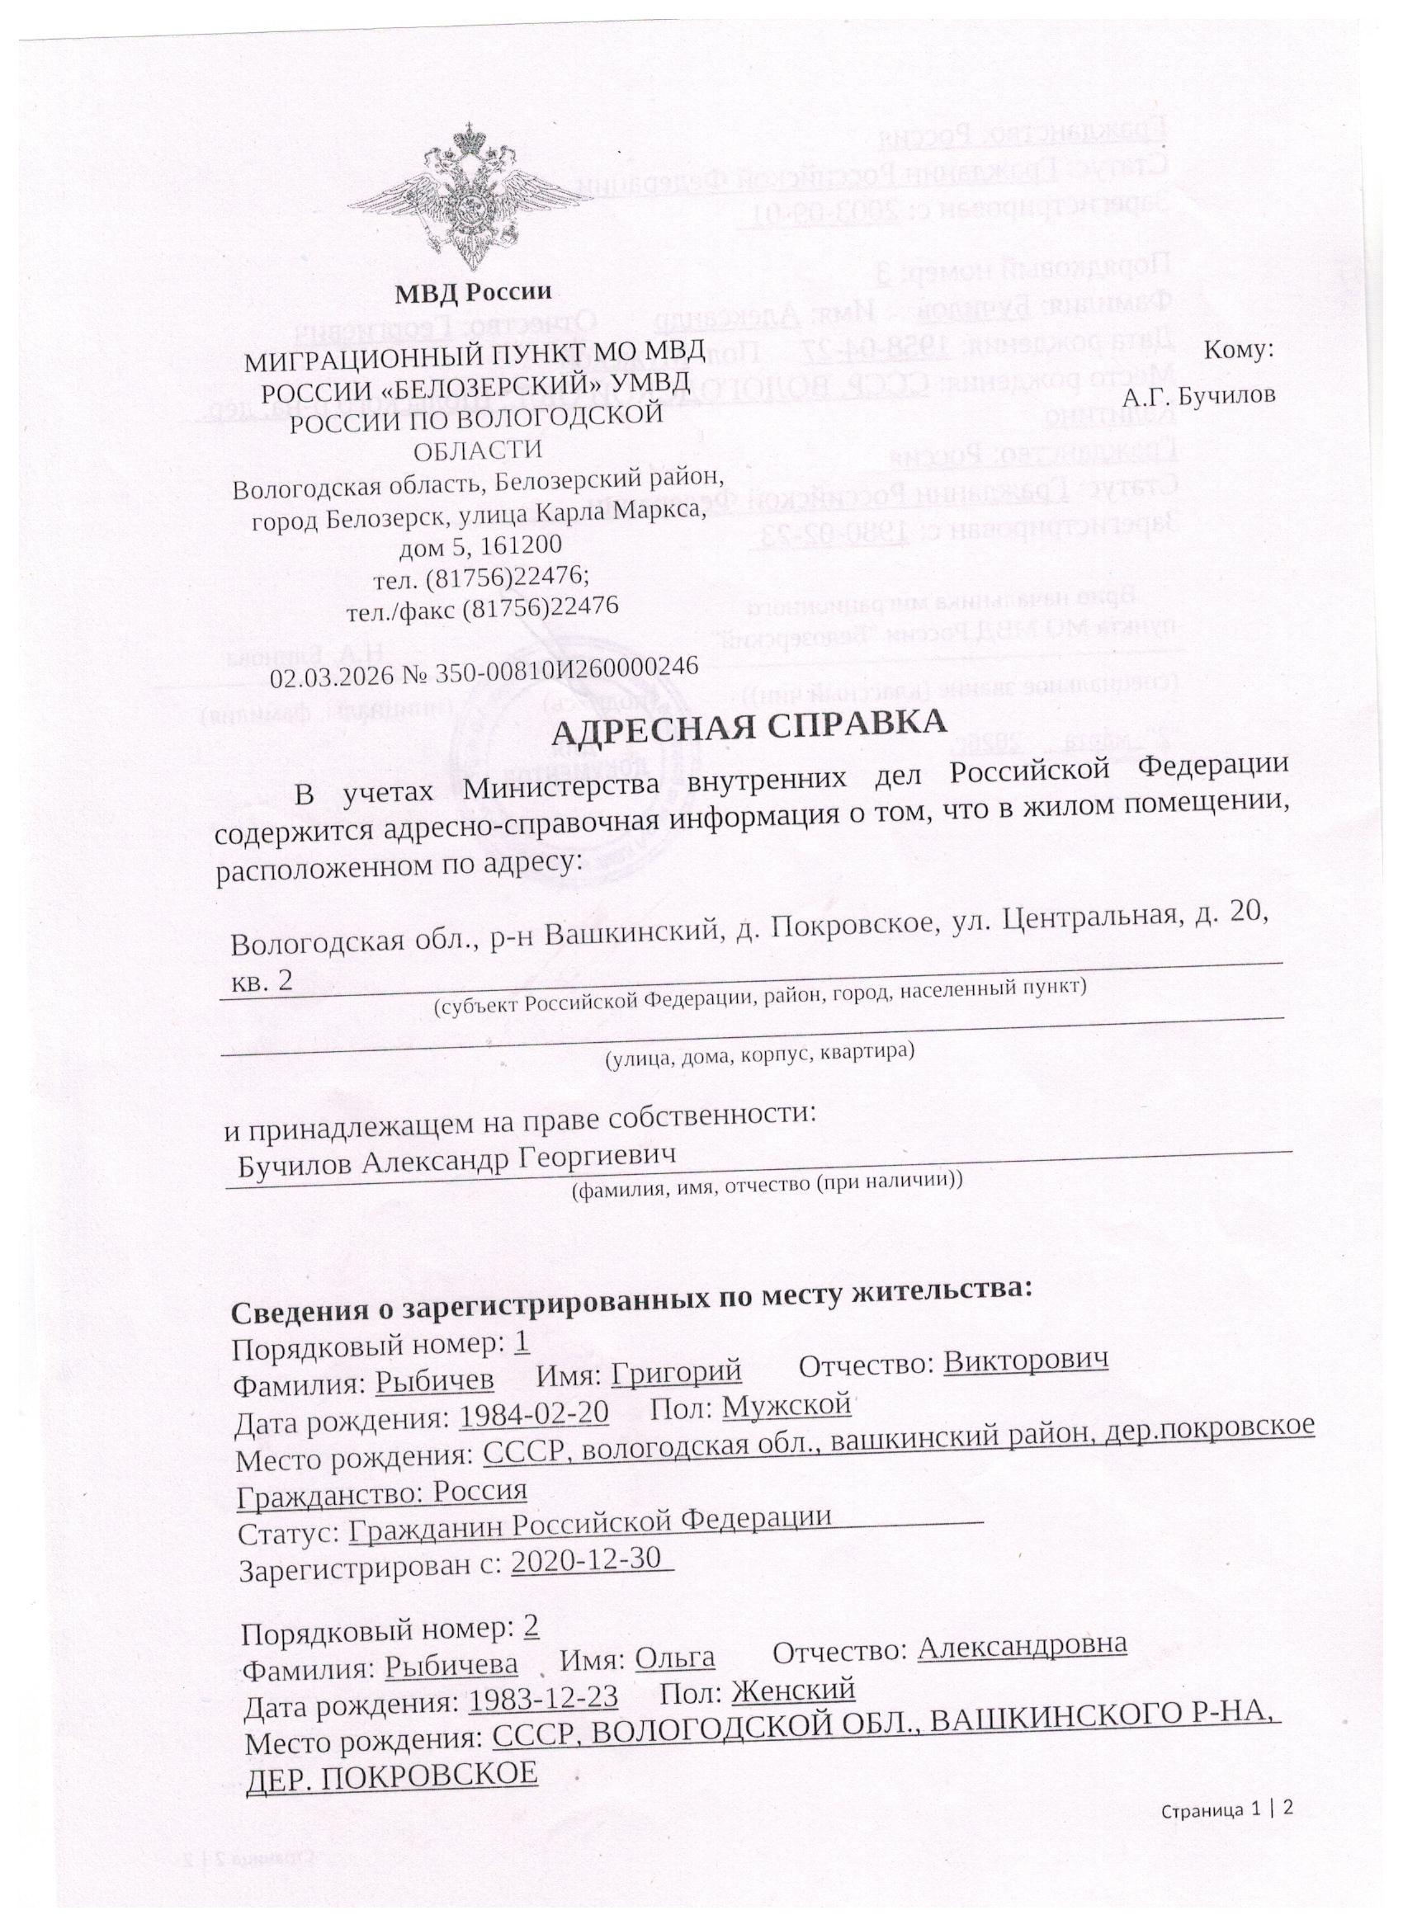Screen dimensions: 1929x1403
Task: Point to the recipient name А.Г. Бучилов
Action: point(1199,396)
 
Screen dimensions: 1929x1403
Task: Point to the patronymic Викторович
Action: point(1026,1361)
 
